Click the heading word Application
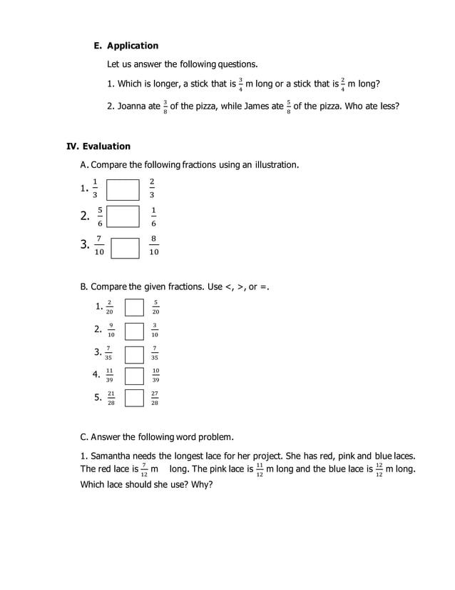[x=133, y=45]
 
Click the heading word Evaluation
[x=106, y=146]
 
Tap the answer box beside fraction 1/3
[x=123, y=189]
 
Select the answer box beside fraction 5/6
[x=123, y=216]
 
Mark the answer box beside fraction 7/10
[x=125, y=247]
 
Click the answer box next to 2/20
[x=134, y=307]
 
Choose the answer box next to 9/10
[x=134, y=331]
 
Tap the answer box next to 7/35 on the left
[x=134, y=354]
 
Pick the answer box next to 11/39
[x=134, y=376]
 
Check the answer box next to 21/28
[x=134, y=398]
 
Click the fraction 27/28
[x=155, y=398]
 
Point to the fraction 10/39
[x=155, y=376]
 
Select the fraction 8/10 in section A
[x=154, y=245]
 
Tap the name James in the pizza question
[x=270, y=106]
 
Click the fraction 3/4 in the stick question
[x=241, y=85]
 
